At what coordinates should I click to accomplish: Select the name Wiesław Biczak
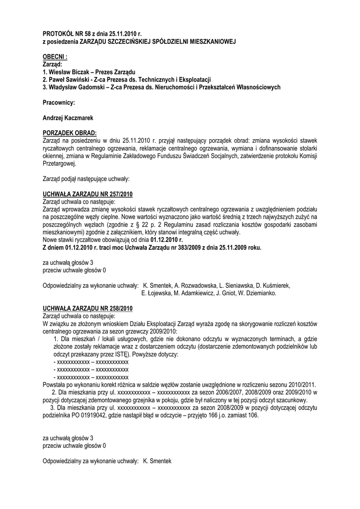click(69, 72)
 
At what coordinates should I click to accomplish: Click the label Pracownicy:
click(59, 102)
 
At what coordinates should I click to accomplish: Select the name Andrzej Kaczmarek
click(68, 118)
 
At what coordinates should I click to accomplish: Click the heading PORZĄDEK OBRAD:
click(69, 133)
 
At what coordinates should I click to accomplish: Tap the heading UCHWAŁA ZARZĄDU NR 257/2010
click(88, 194)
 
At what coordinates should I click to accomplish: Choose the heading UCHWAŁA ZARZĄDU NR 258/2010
click(88, 308)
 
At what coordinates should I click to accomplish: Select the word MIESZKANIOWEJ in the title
click(207, 41)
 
